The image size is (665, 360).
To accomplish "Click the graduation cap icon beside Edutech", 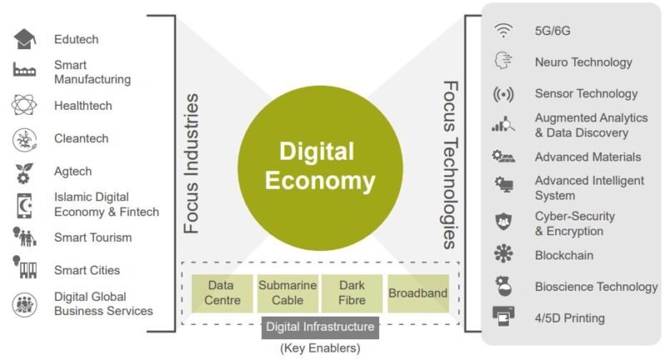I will coord(24,38).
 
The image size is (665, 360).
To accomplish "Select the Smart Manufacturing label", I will coord(92,72).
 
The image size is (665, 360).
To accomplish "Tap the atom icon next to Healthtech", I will coord(24,106).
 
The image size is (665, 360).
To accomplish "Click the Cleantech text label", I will coord(81,139).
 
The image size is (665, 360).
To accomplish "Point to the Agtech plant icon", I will coord(24,172).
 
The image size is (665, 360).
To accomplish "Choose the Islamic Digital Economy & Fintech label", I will coord(106,205).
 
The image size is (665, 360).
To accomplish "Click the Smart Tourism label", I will coord(93,238).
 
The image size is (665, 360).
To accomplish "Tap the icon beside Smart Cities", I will coord(24,268).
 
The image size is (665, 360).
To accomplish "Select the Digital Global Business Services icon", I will coord(24,304).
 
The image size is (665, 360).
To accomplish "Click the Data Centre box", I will coord(223,293).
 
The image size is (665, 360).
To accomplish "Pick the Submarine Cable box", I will coord(288,293).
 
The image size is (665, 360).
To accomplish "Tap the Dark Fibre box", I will coord(352,293).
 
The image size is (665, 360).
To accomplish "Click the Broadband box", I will coord(417,293).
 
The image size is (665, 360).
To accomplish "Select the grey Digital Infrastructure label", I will coord(320,326).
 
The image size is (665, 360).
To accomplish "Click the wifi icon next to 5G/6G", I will coord(504,31).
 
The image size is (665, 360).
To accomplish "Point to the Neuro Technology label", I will coord(583,62).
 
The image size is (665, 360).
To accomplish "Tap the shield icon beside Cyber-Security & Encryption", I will coord(504,222).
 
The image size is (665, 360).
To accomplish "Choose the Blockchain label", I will coord(564,256).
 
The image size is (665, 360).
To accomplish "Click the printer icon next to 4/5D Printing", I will coord(504,317).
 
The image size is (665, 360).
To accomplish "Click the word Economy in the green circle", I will coord(320,180).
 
